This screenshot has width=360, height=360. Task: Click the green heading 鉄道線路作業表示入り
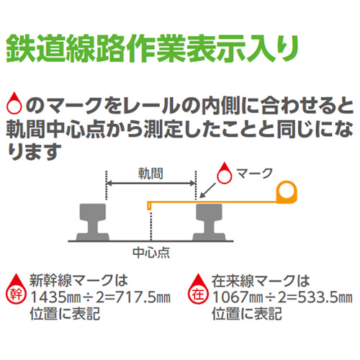tap(153, 49)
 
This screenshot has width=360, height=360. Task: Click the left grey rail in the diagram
tap(93, 222)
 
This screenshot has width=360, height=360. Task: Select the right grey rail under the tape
tap(210, 222)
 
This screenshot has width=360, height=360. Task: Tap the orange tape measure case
tap(287, 192)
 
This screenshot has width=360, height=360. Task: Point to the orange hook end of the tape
tap(149, 206)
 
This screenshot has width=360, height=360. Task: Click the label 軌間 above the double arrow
tap(150, 174)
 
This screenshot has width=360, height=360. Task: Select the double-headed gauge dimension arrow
tap(151, 184)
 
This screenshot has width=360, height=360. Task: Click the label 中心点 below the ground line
tap(151, 253)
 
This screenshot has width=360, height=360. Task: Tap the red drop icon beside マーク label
tap(225, 174)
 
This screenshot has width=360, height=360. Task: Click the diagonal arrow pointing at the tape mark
tap(207, 191)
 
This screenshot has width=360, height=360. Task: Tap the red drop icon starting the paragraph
tap(14, 103)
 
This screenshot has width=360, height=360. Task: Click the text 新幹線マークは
tap(78, 280)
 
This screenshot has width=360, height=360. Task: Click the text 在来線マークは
tap(261, 280)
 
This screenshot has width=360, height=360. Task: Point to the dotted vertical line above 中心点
tap(150, 225)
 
